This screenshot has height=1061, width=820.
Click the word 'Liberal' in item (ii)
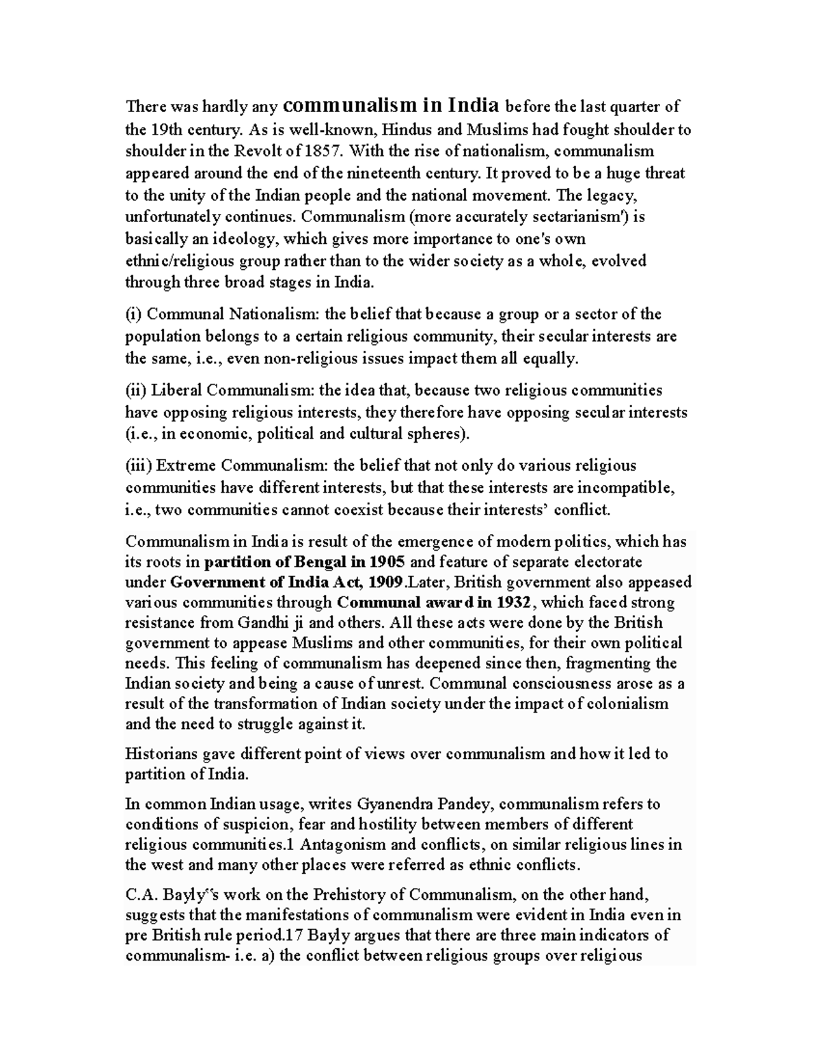coord(176,390)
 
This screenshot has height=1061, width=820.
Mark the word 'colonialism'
coord(630,704)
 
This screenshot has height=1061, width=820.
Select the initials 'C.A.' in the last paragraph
coord(139,895)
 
